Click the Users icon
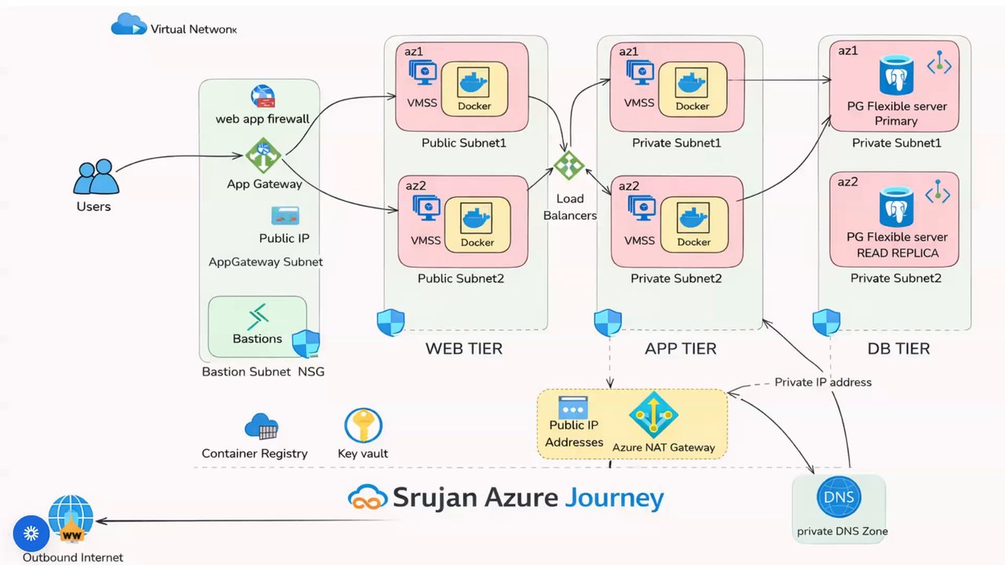point(96,177)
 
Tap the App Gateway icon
point(263,155)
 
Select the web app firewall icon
point(263,97)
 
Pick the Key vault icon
point(363,426)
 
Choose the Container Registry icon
point(261,427)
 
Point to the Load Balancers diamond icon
point(569,166)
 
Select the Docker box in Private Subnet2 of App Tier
point(694,224)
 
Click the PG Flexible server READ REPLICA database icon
point(896,206)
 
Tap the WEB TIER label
point(463,348)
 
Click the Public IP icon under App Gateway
point(285,216)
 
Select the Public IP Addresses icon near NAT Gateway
point(573,407)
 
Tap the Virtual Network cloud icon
point(129,25)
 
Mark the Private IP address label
point(823,382)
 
